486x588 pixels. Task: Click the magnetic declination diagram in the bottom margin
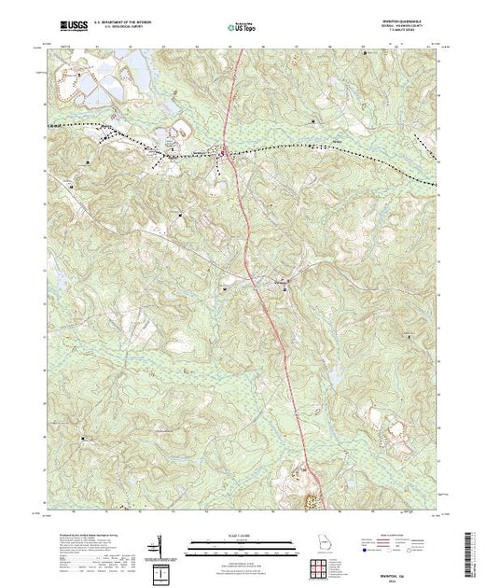click(161, 545)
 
